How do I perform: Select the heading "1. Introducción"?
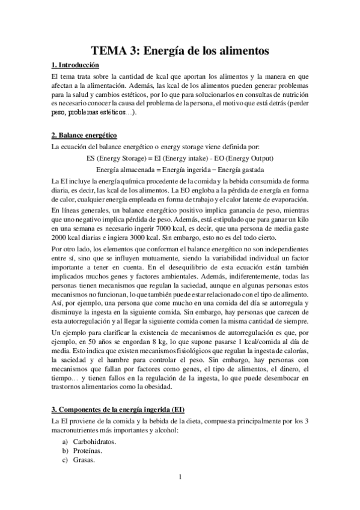tap(75, 65)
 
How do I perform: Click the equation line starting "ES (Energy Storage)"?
tap(180, 158)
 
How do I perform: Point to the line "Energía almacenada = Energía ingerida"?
tap(180, 170)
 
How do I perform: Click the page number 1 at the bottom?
tap(180, 478)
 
